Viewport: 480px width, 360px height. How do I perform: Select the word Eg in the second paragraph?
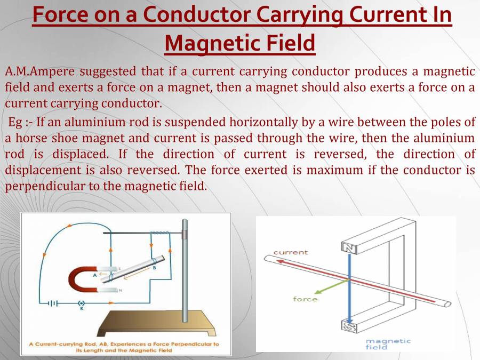tap(14, 122)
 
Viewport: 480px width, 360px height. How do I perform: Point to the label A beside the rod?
tap(95, 275)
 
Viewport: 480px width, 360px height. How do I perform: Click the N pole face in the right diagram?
tap(349, 247)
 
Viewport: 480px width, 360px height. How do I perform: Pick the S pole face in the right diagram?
tap(349, 325)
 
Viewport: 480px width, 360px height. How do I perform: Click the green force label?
tap(305, 299)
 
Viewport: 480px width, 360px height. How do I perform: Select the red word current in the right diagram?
tap(291, 252)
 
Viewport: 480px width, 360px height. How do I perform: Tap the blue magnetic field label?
tap(388, 343)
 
